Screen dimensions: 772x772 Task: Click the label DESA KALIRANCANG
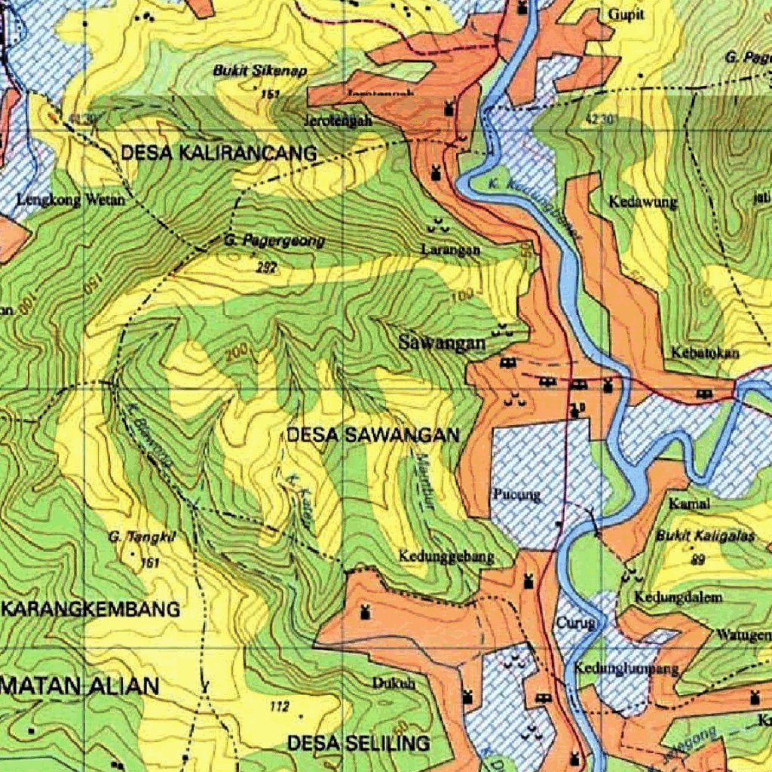point(219,153)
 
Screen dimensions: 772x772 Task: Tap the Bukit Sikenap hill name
point(250,71)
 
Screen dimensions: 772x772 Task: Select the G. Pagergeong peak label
point(274,241)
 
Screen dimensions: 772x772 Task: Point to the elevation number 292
point(267,267)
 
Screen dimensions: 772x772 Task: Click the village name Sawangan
point(442,343)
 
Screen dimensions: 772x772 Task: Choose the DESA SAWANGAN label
point(373,435)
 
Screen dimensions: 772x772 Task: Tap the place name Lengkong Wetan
point(71,201)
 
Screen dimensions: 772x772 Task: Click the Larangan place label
point(452,250)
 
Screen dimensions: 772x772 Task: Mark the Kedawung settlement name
point(643,202)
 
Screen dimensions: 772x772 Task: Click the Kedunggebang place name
point(446,557)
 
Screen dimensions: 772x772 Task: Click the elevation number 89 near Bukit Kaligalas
point(697,559)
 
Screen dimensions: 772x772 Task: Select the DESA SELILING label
point(358,743)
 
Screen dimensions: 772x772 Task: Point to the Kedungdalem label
point(678,597)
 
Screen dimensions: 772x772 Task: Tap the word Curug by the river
point(576,623)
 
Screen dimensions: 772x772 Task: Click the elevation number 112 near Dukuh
point(279,706)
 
